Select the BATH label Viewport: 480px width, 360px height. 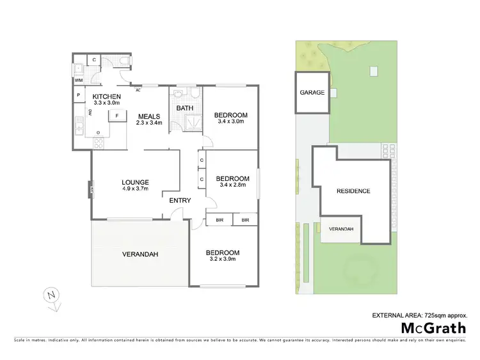tap(185, 109)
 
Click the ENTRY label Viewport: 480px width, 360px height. tap(180, 201)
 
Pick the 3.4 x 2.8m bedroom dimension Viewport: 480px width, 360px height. tap(232, 185)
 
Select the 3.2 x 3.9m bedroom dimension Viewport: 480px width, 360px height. tap(223, 259)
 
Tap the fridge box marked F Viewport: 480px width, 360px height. tap(117, 116)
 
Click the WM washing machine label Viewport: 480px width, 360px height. tap(79, 81)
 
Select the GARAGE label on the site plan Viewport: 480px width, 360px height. tap(312, 93)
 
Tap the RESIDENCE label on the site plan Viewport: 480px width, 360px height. tap(353, 191)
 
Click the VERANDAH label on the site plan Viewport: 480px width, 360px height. tap(340, 229)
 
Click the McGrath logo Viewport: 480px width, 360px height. tap(433, 327)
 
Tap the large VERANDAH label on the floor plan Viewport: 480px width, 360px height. tap(140, 254)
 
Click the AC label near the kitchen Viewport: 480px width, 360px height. tap(138, 90)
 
